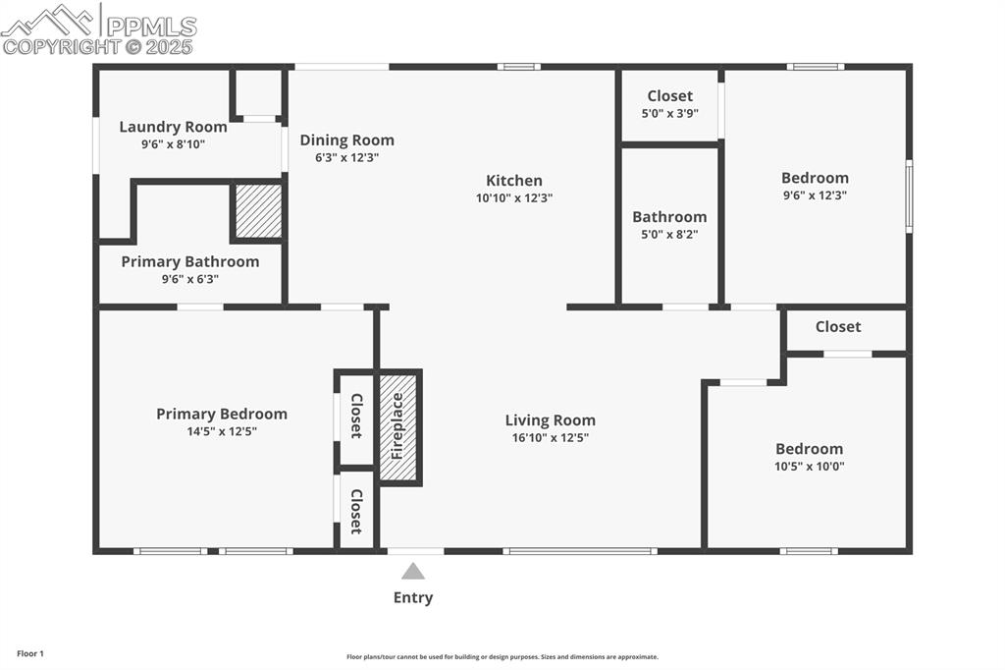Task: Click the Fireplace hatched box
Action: point(399,427)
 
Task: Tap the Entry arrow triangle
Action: point(413,572)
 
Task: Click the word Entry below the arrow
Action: point(413,597)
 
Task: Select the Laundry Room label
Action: point(173,127)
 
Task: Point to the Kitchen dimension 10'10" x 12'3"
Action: point(514,197)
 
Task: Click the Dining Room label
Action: point(346,140)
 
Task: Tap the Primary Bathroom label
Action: point(190,261)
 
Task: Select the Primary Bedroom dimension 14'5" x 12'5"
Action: point(222,431)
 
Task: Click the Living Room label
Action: point(550,420)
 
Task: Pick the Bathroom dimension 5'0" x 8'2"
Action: point(669,234)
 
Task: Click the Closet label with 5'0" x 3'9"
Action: point(669,96)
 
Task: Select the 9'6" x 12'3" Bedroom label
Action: point(815,178)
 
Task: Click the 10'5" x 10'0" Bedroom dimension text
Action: point(809,466)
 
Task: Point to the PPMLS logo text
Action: point(149,26)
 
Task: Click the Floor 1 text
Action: point(29,653)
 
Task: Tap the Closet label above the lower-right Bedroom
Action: point(837,326)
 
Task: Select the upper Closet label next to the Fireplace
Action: point(356,416)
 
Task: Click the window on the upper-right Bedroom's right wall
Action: point(909,196)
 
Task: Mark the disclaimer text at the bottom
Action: point(502,657)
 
